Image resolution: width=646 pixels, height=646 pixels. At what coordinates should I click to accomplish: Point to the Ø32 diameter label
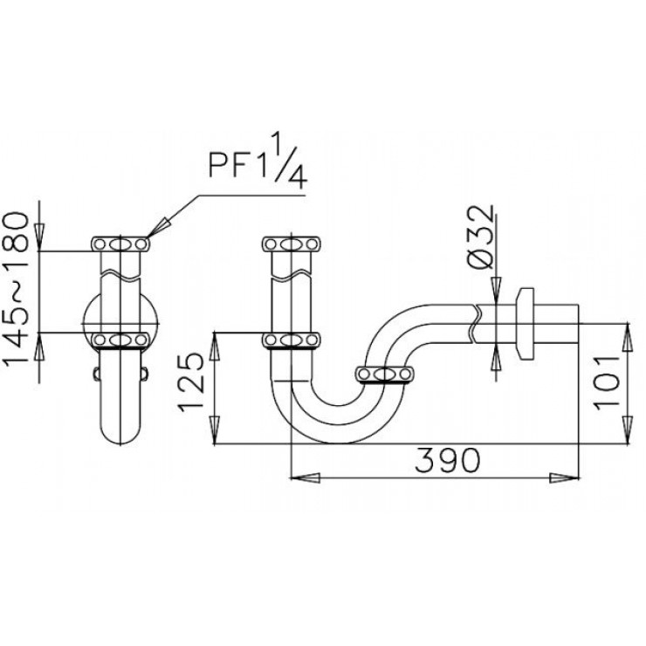[483, 237]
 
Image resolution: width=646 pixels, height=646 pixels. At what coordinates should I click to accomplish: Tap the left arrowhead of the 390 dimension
[301, 478]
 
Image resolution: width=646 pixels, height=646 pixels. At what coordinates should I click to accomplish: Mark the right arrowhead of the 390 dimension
[567, 478]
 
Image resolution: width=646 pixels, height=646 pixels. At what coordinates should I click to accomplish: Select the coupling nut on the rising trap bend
[384, 375]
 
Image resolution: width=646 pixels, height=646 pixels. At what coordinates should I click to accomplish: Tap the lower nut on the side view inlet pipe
[292, 339]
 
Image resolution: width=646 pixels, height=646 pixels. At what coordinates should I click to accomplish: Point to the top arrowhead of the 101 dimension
[627, 331]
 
